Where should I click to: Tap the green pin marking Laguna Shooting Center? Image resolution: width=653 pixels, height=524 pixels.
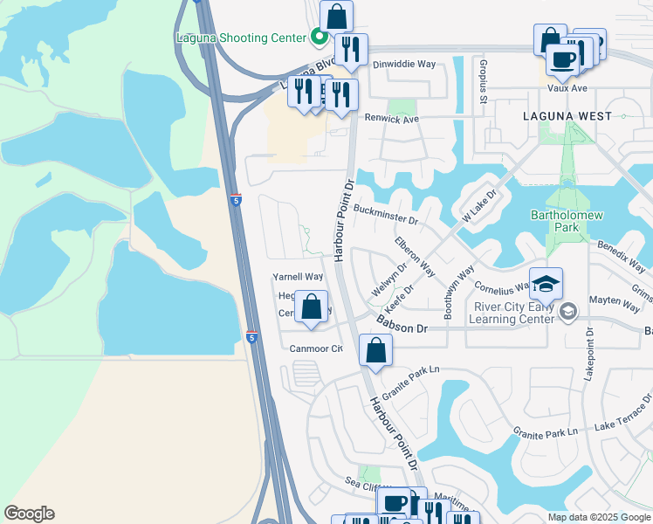(x=319, y=37)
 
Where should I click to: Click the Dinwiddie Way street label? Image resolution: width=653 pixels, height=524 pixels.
(x=403, y=65)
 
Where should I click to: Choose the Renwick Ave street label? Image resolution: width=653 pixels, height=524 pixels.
(x=392, y=119)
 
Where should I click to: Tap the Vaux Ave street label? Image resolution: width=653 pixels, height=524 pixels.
(x=567, y=88)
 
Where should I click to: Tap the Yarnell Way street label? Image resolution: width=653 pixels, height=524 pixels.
(x=298, y=277)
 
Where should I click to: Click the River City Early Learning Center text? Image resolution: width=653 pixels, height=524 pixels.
(x=513, y=313)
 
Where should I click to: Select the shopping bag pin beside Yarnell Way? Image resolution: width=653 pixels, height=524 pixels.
(x=312, y=307)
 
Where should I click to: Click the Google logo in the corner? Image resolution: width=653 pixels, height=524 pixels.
(x=29, y=514)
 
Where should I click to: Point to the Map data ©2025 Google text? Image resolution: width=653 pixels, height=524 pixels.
(x=598, y=516)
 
